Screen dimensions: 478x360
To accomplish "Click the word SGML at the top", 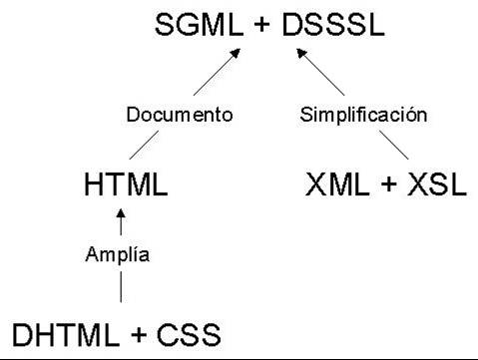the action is click(x=199, y=25).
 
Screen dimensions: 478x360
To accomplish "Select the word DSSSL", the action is click(x=333, y=25).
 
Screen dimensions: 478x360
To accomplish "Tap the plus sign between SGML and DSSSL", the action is click(x=262, y=25).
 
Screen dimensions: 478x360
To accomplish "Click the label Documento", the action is click(x=180, y=115).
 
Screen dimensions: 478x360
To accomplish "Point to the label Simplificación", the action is click(x=363, y=115).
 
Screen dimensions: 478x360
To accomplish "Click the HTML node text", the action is click(x=126, y=184).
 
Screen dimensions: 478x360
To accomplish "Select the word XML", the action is click(x=337, y=184).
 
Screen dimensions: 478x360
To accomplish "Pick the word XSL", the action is click(x=437, y=184).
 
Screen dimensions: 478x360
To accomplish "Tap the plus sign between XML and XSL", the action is click(x=388, y=184).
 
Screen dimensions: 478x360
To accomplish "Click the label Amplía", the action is click(x=118, y=255).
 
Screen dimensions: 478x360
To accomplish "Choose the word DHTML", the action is click(x=66, y=335).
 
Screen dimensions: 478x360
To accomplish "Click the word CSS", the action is click(x=189, y=335).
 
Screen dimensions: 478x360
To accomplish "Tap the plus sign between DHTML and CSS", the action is click(x=139, y=335).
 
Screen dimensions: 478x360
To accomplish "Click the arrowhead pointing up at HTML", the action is click(x=121, y=213).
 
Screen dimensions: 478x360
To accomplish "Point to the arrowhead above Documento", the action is click(x=236, y=53).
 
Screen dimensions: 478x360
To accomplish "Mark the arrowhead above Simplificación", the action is click(x=301, y=53).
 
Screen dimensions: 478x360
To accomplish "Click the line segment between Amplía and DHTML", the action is click(x=121, y=287).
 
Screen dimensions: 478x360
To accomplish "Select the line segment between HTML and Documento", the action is click(x=144, y=145).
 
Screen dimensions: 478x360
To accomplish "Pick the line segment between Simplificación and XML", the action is click(x=394, y=145).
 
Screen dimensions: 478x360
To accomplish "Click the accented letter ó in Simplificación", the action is click(x=410, y=115).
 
